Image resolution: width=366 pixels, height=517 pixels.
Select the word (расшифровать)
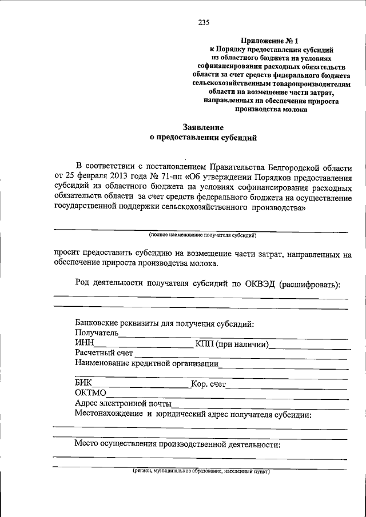(309, 284)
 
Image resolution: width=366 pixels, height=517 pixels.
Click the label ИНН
(83, 343)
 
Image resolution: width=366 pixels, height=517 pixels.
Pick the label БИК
(83, 383)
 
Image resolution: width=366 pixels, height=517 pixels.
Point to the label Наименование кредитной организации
(146, 363)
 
